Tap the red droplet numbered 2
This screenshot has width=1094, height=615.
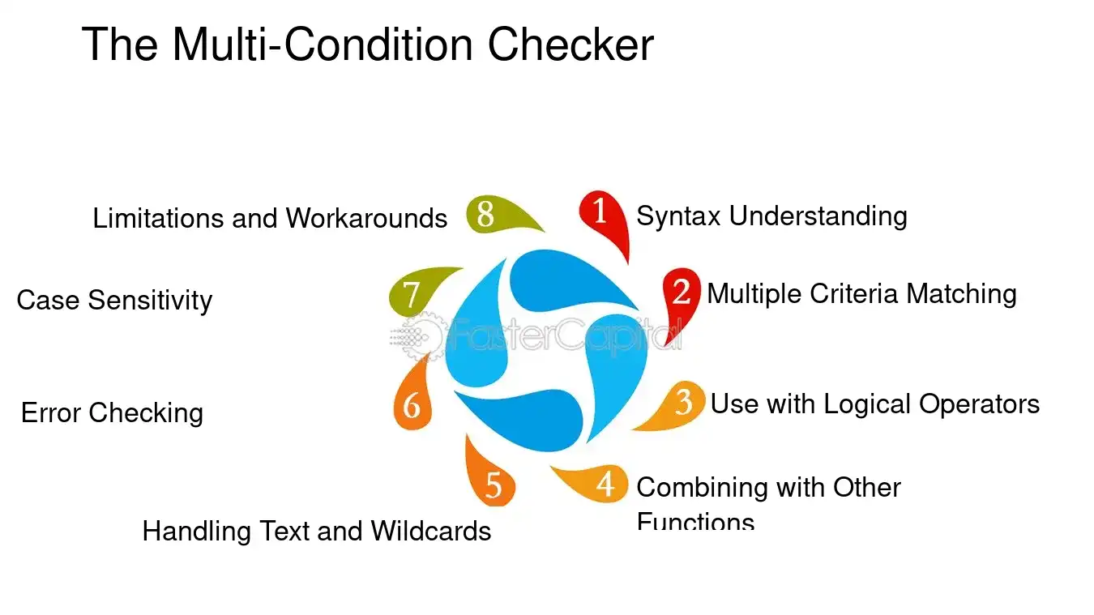point(682,291)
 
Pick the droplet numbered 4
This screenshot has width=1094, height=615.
point(602,484)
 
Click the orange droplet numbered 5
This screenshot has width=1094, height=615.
point(493,485)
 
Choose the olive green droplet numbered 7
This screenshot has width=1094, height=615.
point(412,293)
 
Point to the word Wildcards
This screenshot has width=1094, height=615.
point(431,532)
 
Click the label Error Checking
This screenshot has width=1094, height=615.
point(112,413)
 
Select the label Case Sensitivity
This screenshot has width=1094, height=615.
point(114,301)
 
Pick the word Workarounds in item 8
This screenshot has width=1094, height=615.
point(366,219)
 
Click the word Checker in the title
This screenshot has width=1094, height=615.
point(570,45)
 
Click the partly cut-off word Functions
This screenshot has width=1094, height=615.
point(695,521)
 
